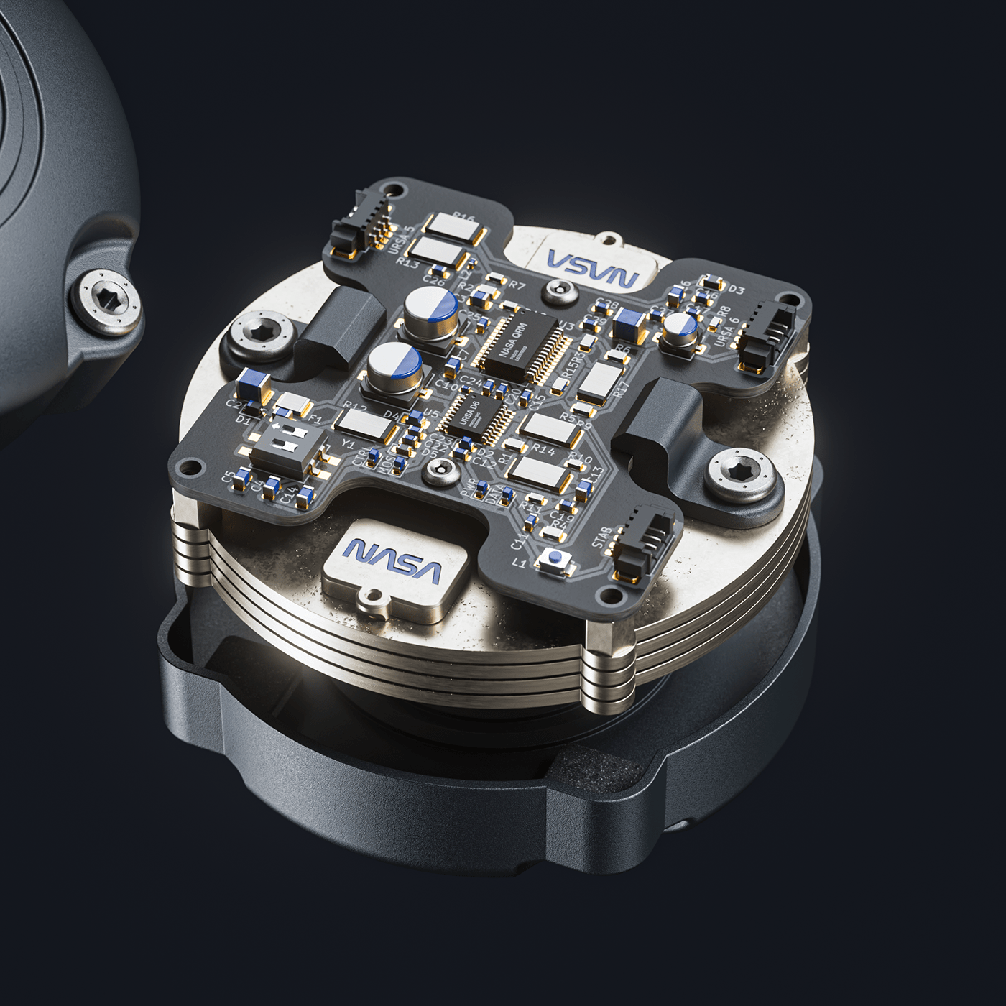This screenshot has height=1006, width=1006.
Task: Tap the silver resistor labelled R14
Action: click(550, 429)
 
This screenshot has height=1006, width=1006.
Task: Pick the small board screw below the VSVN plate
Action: click(556, 290)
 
